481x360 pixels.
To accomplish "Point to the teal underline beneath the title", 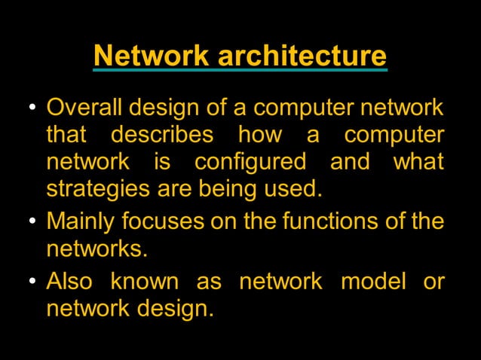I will click(x=240, y=70).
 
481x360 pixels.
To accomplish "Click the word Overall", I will click(x=84, y=108).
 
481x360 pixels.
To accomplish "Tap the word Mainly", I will click(x=82, y=222).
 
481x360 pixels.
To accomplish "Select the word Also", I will click(x=69, y=282).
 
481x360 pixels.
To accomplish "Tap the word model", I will click(x=372, y=282).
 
